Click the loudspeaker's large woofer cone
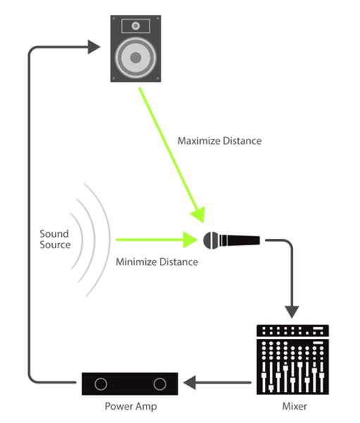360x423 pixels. point(136,58)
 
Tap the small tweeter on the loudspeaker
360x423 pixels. point(136,26)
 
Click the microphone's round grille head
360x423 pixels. point(211,240)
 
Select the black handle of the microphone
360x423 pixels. point(240,240)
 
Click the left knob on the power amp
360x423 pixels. point(101,384)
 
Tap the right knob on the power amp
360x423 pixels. point(160,384)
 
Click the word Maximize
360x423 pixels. point(199,141)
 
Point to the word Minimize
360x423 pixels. point(136,262)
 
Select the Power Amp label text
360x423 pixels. point(131,406)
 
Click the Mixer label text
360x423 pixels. point(294,406)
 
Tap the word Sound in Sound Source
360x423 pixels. point(54,233)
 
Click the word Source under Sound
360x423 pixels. point(55,245)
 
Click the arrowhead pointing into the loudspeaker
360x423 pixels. point(94,47)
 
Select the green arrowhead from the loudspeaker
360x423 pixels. point(199,214)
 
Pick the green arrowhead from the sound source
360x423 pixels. point(190,240)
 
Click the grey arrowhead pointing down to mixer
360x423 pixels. point(292,312)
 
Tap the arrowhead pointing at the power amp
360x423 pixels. point(190,383)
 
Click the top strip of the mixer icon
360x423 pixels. point(292,331)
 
